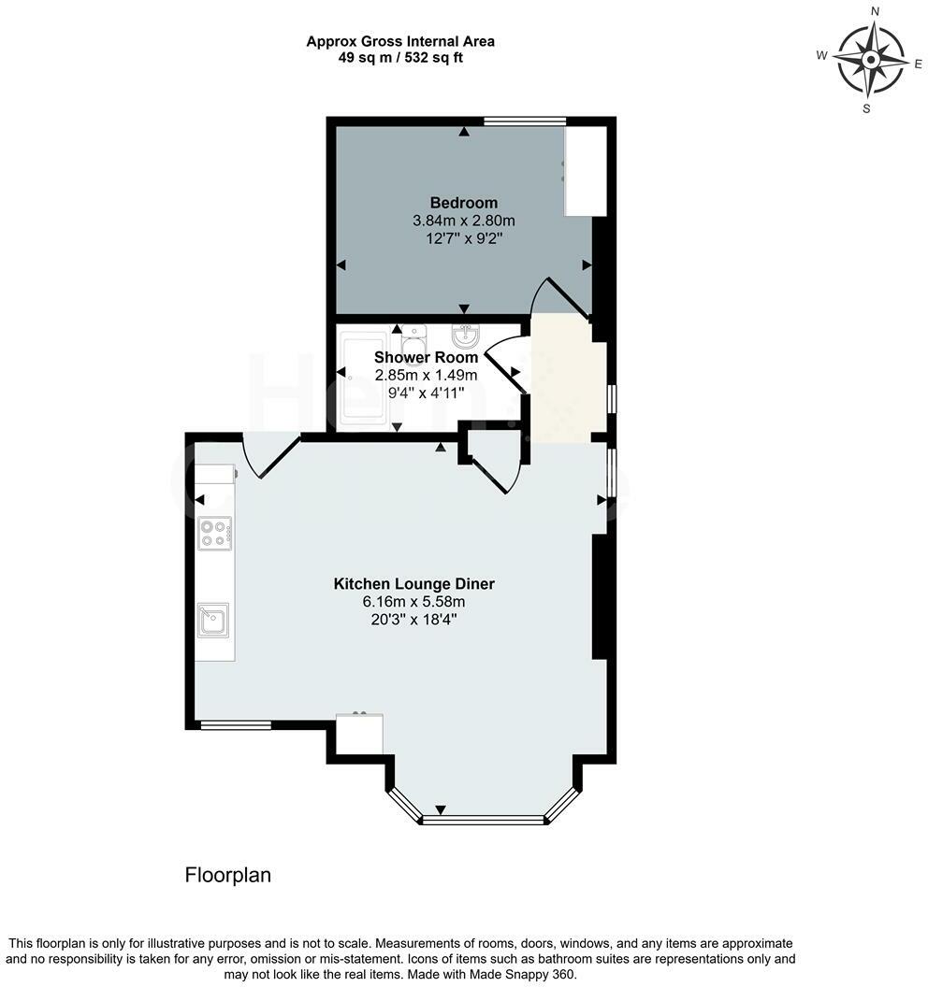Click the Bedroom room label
(x=464, y=203)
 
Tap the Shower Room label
(x=426, y=357)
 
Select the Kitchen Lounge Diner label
(x=413, y=583)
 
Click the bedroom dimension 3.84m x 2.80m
(x=464, y=221)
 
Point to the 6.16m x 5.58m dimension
(x=413, y=602)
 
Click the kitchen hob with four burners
(x=214, y=533)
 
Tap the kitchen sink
(x=213, y=620)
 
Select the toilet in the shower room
(x=413, y=344)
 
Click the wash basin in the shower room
(x=466, y=337)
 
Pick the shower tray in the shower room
(x=364, y=379)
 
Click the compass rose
(x=871, y=60)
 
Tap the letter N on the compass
(x=875, y=10)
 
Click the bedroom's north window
(x=524, y=121)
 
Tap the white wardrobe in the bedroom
(x=586, y=171)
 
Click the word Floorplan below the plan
(x=228, y=875)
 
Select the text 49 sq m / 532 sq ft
(x=400, y=58)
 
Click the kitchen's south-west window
(x=236, y=725)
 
